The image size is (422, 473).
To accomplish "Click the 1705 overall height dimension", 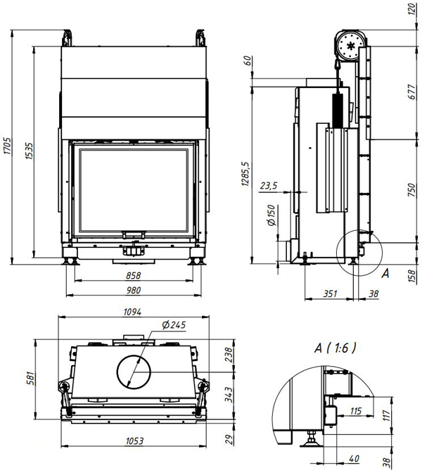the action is (x=7, y=146).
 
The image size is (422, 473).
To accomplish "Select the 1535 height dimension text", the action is (x=30, y=151).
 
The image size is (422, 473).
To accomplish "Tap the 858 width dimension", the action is (x=133, y=276).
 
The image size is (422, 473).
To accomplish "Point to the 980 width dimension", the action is (x=134, y=290).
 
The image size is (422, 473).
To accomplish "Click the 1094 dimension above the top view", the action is (x=132, y=312).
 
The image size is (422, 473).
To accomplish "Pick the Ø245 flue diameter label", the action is (x=174, y=325).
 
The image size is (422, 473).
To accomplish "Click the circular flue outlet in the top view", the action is (x=134, y=372).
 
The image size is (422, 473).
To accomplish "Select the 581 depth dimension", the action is (x=31, y=378).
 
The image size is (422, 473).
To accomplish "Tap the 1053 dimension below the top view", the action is (x=134, y=441).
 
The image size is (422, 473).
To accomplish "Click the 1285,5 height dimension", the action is (x=245, y=174).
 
